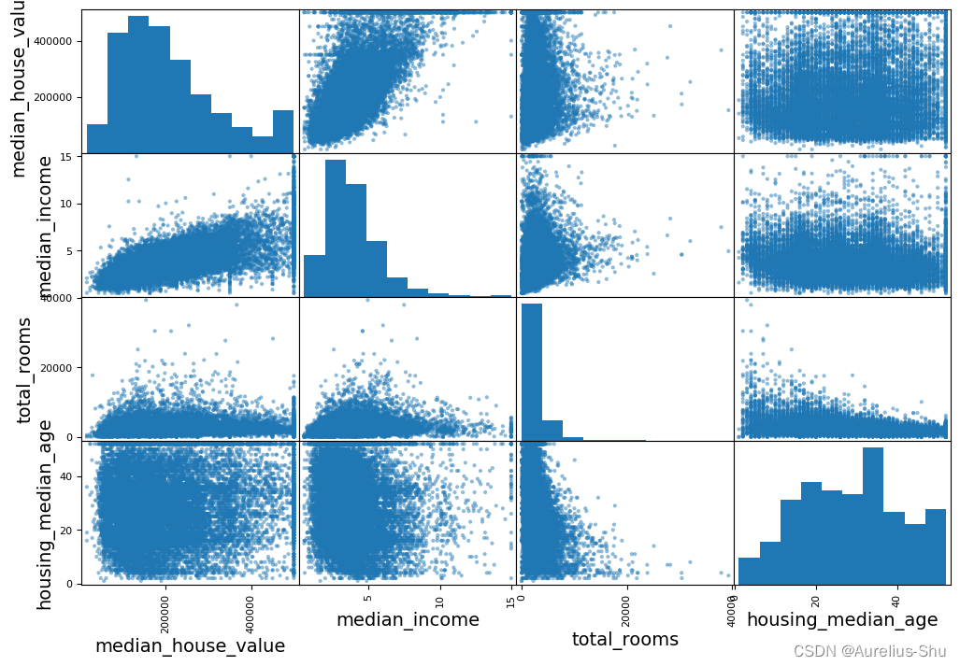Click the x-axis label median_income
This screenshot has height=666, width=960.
(408, 620)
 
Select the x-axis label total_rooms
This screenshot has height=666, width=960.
(625, 639)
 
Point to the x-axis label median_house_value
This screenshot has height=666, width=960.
(190, 645)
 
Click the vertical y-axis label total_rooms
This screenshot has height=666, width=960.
(25, 370)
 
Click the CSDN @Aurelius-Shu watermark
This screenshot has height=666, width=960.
(869, 651)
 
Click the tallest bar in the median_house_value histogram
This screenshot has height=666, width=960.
(138, 84)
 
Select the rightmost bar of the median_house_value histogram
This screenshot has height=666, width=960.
(282, 131)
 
